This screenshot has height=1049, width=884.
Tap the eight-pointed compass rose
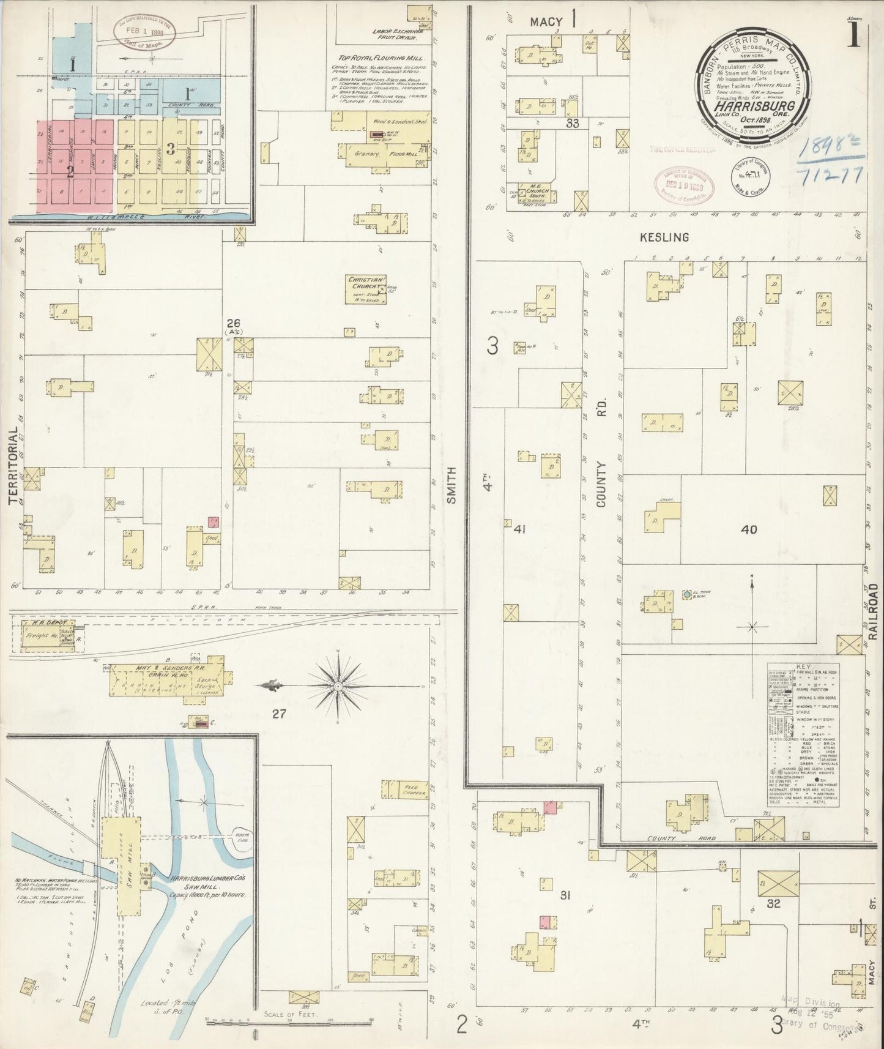(337, 687)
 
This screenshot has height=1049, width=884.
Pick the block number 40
(749, 529)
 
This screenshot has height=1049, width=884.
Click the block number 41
(520, 529)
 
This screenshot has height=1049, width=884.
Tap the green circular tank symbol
(687, 594)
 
